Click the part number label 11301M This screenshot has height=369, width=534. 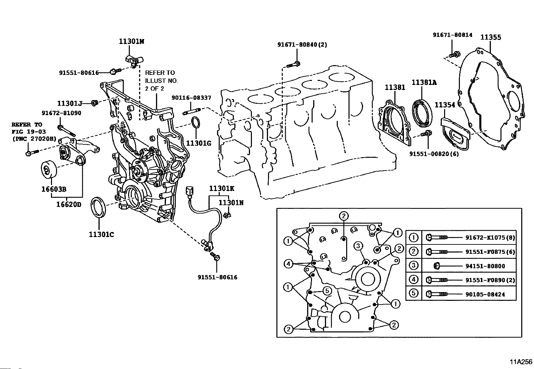pyautogui.click(x=131, y=42)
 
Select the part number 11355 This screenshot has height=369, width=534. pyautogui.click(x=491, y=37)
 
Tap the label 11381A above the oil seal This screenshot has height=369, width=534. pyautogui.click(x=424, y=82)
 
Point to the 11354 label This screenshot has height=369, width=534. pyautogui.click(x=445, y=105)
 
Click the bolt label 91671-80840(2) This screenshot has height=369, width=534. pyautogui.click(x=302, y=45)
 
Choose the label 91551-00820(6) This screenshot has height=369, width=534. pyautogui.click(x=434, y=154)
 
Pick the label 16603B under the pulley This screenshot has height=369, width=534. pyautogui.click(x=54, y=189)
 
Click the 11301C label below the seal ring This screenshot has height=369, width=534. pyautogui.click(x=101, y=235)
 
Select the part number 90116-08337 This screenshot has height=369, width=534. pyautogui.click(x=192, y=98)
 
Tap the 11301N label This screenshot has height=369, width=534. pyautogui.click(x=231, y=203)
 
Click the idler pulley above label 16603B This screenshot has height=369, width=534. pyautogui.click(x=49, y=170)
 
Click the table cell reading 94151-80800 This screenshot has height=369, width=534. pyautogui.click(x=485, y=266)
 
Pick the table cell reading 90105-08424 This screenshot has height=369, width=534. pyautogui.click(x=485, y=294)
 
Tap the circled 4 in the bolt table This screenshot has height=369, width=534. pyautogui.click(x=414, y=279)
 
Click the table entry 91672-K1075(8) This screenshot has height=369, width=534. pyautogui.click(x=490, y=238)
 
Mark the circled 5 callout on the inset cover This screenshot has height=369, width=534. pyautogui.click(x=327, y=291)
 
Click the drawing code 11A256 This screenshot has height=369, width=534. pyautogui.click(x=521, y=362)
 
